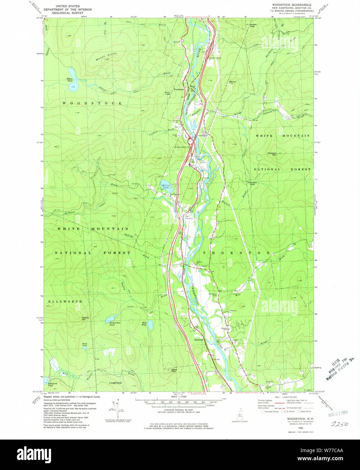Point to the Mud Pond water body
click(150, 325)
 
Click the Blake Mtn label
click(174, 371)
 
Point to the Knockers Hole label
click(253, 183)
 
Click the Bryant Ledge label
click(168, 93)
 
